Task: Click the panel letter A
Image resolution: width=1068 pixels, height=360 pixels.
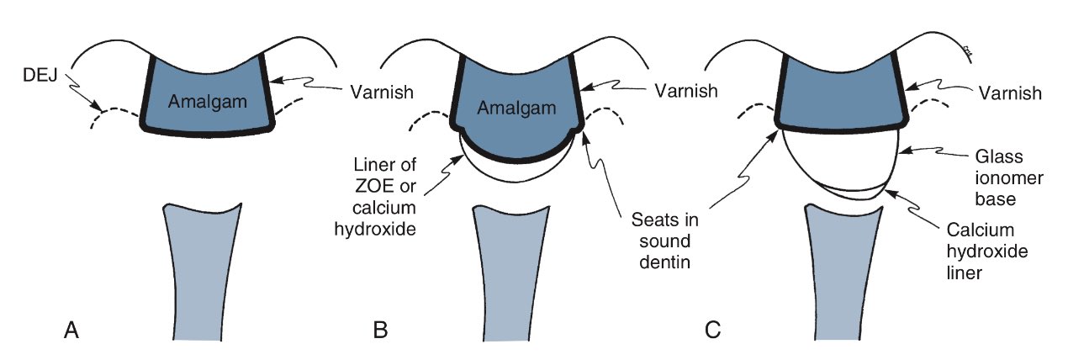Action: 72,331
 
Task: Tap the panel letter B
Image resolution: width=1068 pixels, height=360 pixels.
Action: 380,331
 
